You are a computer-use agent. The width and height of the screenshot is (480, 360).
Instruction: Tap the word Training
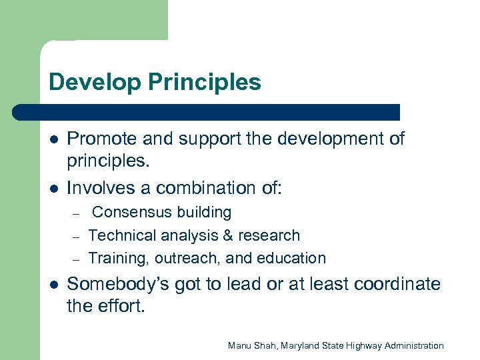114,258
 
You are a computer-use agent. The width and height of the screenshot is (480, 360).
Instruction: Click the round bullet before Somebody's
53,285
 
